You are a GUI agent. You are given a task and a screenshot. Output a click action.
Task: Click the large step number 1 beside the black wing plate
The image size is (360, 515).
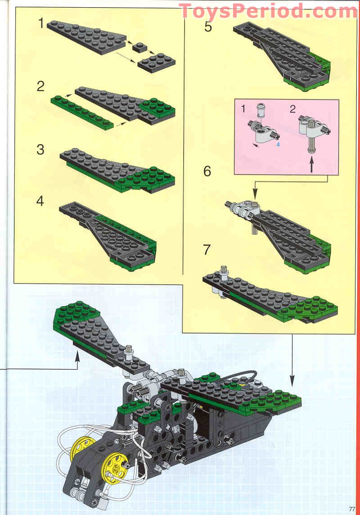point(41,23)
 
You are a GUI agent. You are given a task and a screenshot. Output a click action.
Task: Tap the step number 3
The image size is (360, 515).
point(40,149)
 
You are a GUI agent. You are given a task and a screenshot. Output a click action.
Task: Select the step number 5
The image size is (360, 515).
point(208,27)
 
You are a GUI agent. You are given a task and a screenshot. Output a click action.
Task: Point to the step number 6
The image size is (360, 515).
point(207,171)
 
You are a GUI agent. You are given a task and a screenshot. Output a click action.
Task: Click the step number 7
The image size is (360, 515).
point(207,249)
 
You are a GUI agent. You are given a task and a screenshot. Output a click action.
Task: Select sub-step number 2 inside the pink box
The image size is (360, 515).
point(293,108)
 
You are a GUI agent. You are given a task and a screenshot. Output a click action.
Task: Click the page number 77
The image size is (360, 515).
point(352,509)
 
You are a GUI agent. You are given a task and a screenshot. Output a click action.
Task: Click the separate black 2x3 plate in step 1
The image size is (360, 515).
point(157,62)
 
